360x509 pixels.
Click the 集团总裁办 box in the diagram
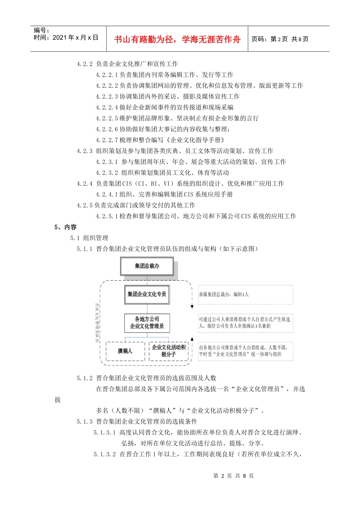pyautogui.click(x=147, y=266)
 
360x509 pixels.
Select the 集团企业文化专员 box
pyautogui.click(x=147, y=294)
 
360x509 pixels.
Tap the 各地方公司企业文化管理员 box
pyautogui.click(x=147, y=323)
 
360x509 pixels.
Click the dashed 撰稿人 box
pyautogui.click(x=125, y=351)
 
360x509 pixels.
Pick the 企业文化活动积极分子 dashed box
pyautogui.click(x=169, y=351)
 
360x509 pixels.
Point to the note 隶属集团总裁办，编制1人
pyautogui.click(x=224, y=294)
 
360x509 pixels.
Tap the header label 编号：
pyautogui.click(x=41, y=30)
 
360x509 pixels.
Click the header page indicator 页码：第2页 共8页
pyautogui.click(x=280, y=39)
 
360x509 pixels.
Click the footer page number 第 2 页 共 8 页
pyautogui.click(x=233, y=476)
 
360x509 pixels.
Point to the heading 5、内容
pyautogui.click(x=66, y=227)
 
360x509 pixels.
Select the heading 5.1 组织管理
pyautogui.click(x=89, y=238)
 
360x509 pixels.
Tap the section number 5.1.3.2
pyautogui.click(x=105, y=454)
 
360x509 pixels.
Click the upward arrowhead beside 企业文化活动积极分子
pyautogui.click(x=192, y=339)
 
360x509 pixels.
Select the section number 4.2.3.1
pyautogui.click(x=107, y=162)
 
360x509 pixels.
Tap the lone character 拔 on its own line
pyautogui.click(x=58, y=400)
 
